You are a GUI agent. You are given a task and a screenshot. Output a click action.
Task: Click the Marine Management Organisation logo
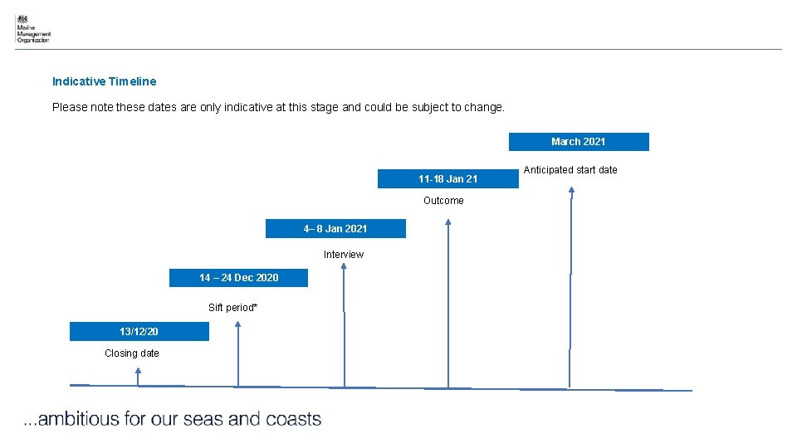[32, 29]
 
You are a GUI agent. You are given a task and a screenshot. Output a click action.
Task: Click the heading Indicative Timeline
[104, 81]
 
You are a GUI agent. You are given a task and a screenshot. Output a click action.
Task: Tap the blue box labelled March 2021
[579, 142]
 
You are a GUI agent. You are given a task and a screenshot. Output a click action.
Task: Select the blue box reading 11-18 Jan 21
[447, 179]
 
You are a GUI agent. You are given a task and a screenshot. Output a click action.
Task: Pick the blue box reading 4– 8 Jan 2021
[335, 229]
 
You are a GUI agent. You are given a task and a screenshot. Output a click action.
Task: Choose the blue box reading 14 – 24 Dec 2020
[238, 278]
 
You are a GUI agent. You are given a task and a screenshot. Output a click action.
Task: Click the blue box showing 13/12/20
[139, 332]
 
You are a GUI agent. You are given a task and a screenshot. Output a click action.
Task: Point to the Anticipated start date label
[570, 170]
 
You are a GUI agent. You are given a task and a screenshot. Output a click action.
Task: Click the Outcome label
[443, 201]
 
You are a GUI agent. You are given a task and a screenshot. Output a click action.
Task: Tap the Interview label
[344, 255]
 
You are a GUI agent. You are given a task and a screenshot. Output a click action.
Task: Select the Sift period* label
[232, 308]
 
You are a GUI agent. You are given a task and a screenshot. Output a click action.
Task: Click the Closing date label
[132, 353]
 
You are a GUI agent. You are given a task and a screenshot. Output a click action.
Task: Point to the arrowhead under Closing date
[139, 373]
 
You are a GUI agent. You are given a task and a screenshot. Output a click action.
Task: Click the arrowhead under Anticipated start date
[571, 190]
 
